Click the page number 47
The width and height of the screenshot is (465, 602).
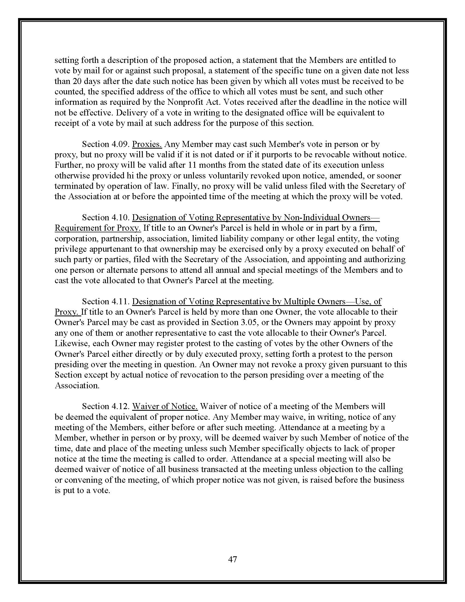pos(233,559)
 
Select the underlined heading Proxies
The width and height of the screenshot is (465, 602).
pos(147,144)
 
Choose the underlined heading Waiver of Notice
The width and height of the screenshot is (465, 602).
pos(165,406)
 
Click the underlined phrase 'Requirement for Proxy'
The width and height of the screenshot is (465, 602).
pos(98,228)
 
